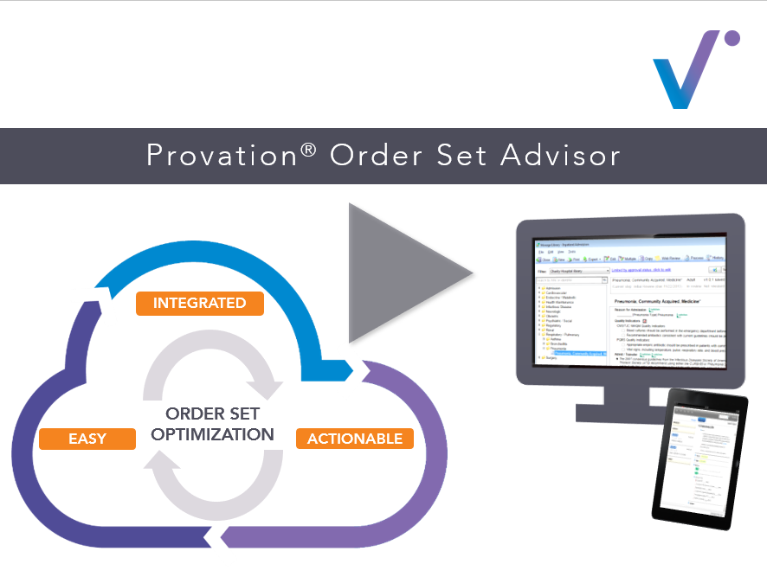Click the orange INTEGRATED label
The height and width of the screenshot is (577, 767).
[x=198, y=303]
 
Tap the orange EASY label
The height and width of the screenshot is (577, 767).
[x=87, y=439]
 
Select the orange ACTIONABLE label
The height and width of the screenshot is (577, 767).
[x=354, y=439]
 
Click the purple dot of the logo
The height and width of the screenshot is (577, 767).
[x=732, y=38]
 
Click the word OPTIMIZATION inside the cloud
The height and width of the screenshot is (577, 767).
[x=213, y=434]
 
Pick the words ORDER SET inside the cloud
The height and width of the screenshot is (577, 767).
[x=213, y=413]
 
